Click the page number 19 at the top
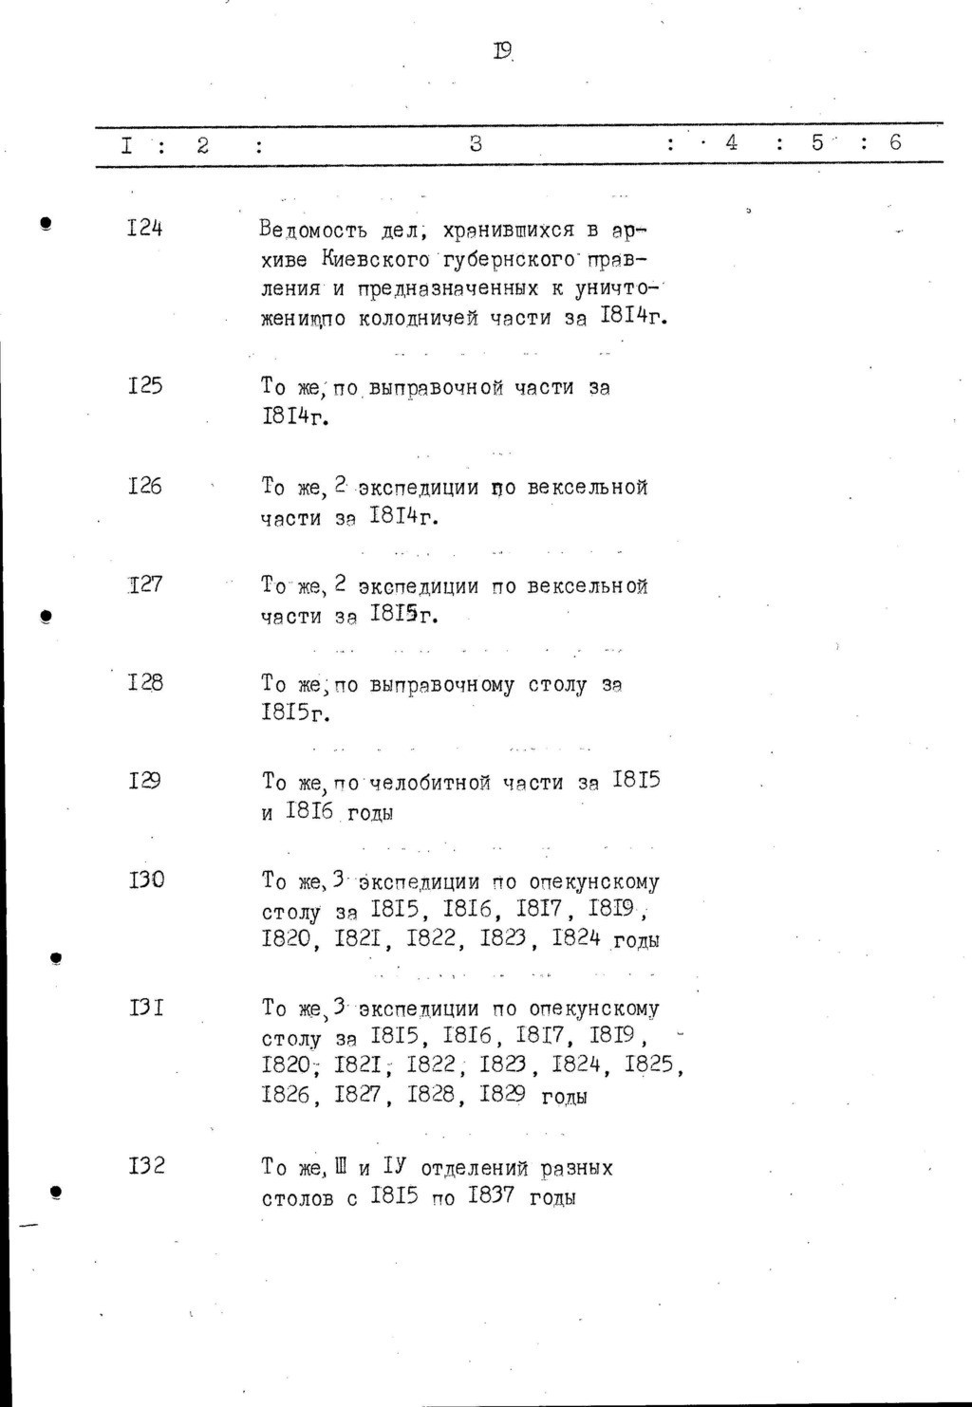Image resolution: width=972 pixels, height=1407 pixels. point(503,50)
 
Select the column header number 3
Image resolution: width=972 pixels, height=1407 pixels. point(477,144)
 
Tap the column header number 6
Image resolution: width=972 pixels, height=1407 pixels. point(894,143)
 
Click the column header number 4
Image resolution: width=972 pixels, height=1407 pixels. point(731,143)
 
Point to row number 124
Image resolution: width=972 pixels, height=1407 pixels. point(144,228)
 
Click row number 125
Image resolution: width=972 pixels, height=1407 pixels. point(144,385)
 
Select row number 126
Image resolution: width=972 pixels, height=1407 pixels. point(144,486)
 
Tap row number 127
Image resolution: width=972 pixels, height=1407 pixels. point(144,584)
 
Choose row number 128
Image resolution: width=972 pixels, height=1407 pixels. point(144,682)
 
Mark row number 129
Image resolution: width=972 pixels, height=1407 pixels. point(144,781)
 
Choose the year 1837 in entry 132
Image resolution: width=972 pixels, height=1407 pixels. point(491,1197)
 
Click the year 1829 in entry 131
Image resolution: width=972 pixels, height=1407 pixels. point(503,1095)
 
